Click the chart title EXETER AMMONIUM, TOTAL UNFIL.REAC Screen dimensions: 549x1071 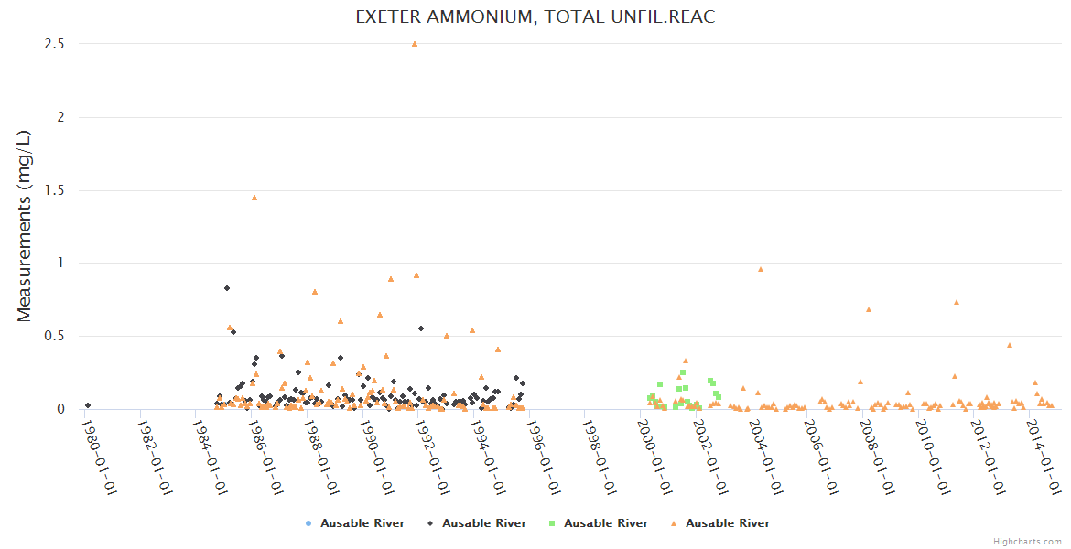[535, 17]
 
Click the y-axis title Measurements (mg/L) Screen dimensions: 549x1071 [25, 226]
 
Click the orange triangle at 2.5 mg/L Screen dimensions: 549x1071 [415, 43]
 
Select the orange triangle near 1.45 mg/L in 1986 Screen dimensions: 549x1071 [254, 197]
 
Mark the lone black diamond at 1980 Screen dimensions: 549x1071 [88, 405]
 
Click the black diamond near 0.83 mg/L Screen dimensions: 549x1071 [227, 288]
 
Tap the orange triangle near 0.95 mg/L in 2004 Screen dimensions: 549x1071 [761, 269]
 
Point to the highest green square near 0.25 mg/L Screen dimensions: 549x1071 [683, 372]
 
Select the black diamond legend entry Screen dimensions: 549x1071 [476, 523]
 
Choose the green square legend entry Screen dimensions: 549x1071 [598, 523]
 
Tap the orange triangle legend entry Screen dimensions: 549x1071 [719, 523]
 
